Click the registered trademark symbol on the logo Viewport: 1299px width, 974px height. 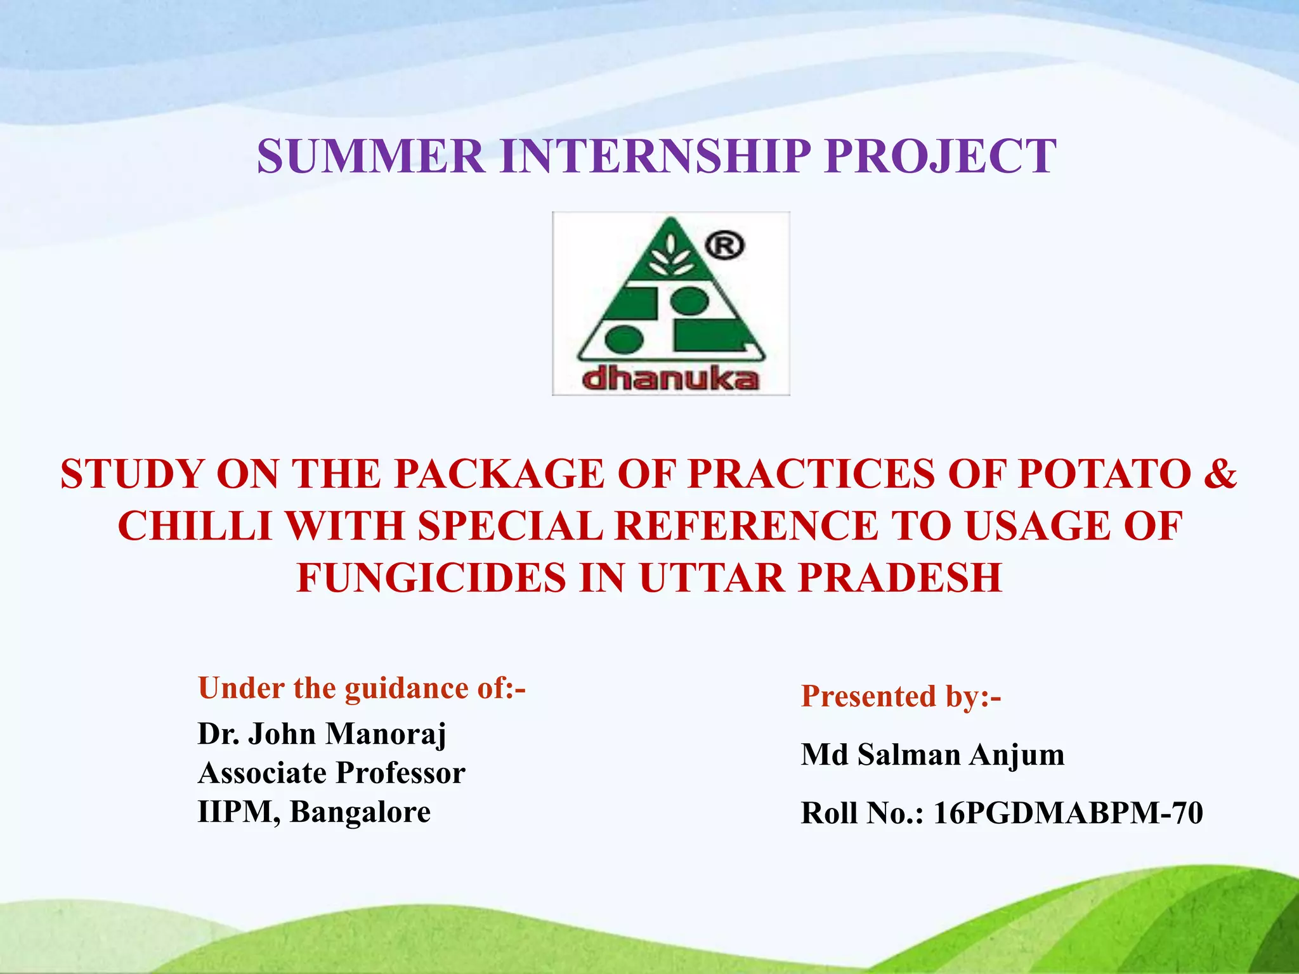(x=725, y=246)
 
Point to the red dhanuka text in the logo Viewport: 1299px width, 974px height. (x=670, y=379)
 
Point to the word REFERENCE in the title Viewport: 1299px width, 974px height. (x=747, y=526)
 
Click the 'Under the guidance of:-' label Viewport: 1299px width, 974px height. (x=362, y=688)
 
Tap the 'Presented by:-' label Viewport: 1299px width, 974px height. (x=901, y=696)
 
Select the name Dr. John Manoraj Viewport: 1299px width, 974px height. (x=322, y=734)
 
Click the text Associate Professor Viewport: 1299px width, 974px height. (x=331, y=773)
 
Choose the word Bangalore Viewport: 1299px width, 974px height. (x=360, y=812)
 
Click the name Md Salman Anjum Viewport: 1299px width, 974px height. (x=932, y=755)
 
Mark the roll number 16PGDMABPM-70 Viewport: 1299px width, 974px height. (x=1068, y=813)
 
